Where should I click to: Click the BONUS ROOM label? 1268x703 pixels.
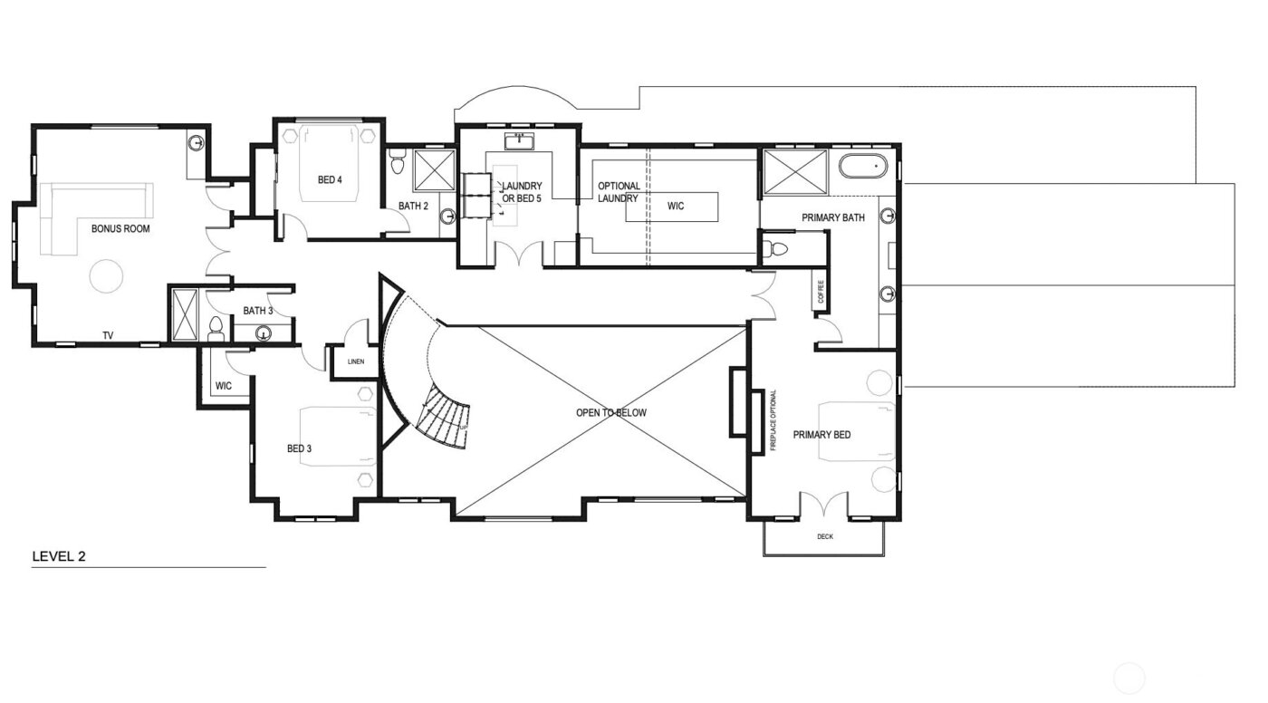pyautogui.click(x=120, y=229)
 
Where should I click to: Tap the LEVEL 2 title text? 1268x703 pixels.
pyautogui.click(x=59, y=556)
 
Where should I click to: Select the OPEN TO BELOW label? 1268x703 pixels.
pyautogui.click(x=611, y=413)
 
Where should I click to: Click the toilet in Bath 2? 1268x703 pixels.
pyautogui.click(x=397, y=165)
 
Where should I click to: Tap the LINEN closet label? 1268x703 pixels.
pyautogui.click(x=355, y=362)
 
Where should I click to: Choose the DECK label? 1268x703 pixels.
pyautogui.click(x=824, y=536)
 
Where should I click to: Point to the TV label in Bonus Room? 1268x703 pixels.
pyautogui.click(x=108, y=335)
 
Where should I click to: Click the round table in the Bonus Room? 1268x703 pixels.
pyautogui.click(x=106, y=275)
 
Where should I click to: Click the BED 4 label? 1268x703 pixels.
pyautogui.click(x=330, y=179)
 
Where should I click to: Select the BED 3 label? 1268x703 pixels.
pyautogui.click(x=299, y=448)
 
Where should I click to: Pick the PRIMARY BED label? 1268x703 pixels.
pyautogui.click(x=821, y=435)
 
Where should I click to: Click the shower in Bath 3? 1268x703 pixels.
pyautogui.click(x=185, y=315)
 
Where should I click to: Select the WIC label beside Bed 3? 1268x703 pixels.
pyautogui.click(x=224, y=386)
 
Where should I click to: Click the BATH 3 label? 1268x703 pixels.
pyautogui.click(x=257, y=311)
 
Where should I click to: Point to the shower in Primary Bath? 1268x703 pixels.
pyautogui.click(x=794, y=170)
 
